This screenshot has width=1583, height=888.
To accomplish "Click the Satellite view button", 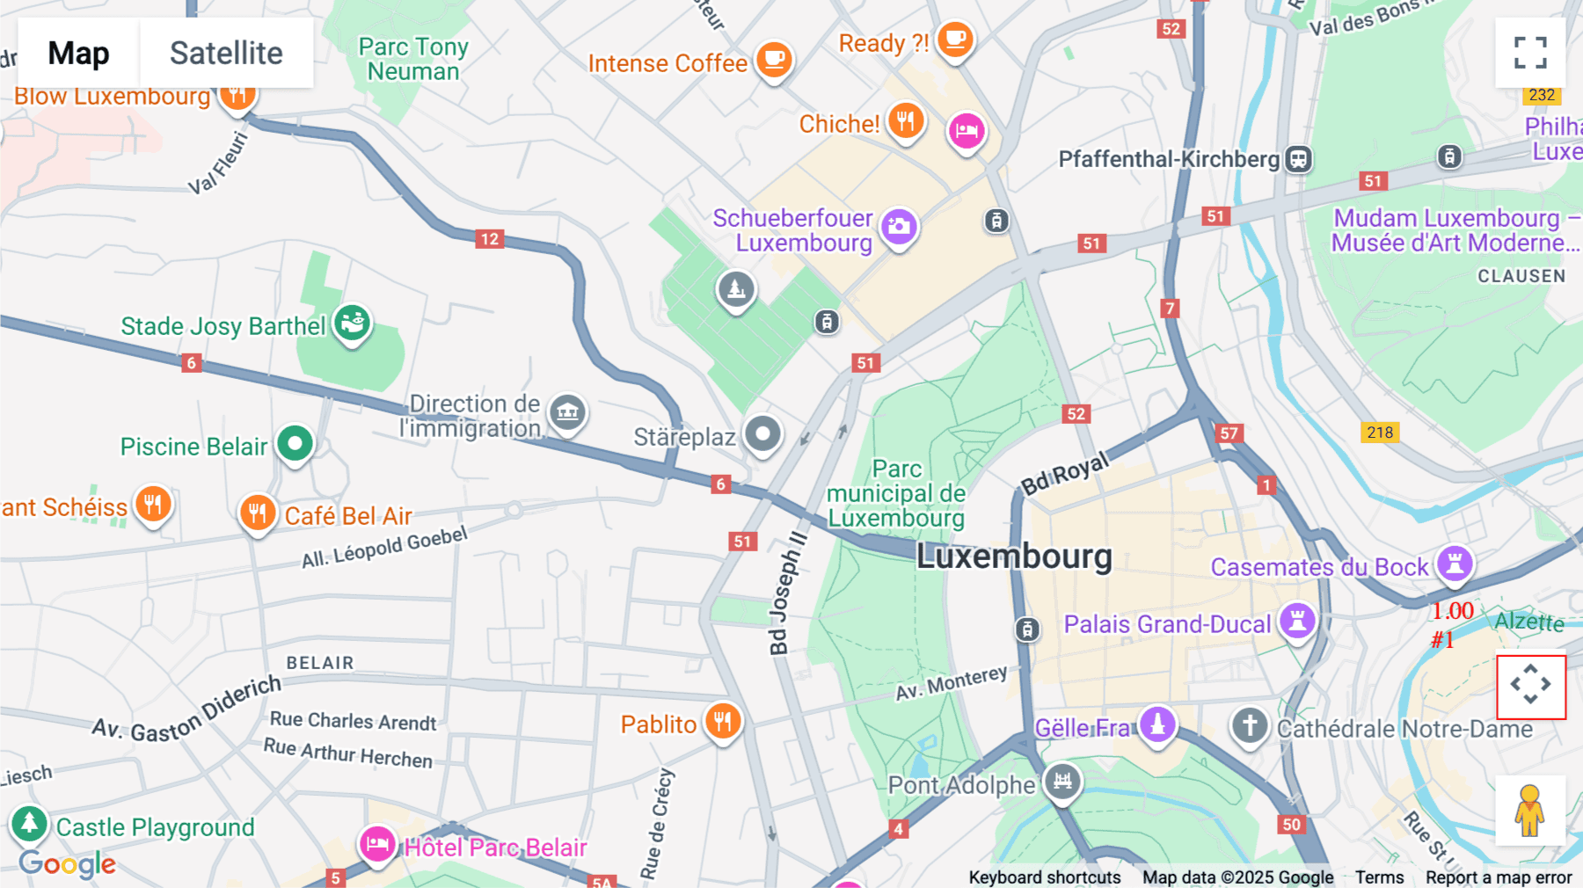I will pyautogui.click(x=226, y=53).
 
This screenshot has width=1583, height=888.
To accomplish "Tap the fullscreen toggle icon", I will pyautogui.click(x=1530, y=53).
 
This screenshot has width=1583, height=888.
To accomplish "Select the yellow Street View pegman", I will pyautogui.click(x=1530, y=811).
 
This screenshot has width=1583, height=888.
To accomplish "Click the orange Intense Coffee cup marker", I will pyautogui.click(x=774, y=60).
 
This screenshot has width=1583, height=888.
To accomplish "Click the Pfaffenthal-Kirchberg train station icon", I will pyautogui.click(x=1299, y=159).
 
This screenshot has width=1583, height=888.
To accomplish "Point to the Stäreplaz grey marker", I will pyautogui.click(x=762, y=433).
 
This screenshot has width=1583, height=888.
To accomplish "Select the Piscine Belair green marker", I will pyautogui.click(x=295, y=444).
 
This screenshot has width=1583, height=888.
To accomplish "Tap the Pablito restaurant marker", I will pyautogui.click(x=723, y=722).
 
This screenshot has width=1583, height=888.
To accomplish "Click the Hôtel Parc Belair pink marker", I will pyautogui.click(x=377, y=844).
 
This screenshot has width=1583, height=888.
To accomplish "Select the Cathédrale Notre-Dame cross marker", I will pyautogui.click(x=1250, y=726).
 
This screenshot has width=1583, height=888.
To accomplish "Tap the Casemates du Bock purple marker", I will pyautogui.click(x=1455, y=564).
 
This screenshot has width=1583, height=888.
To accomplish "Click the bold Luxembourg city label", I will pyautogui.click(x=1014, y=557).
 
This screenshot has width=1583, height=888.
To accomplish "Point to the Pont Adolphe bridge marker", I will pyautogui.click(x=1062, y=781).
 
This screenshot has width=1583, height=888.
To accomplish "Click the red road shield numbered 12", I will pyautogui.click(x=490, y=239).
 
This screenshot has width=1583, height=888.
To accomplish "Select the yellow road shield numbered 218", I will pyautogui.click(x=1380, y=432).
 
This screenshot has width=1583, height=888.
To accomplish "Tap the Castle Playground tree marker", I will pyautogui.click(x=29, y=824).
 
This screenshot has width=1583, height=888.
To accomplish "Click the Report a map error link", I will pyautogui.click(x=1499, y=877).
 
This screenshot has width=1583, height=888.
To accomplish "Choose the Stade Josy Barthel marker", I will pyautogui.click(x=353, y=323).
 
